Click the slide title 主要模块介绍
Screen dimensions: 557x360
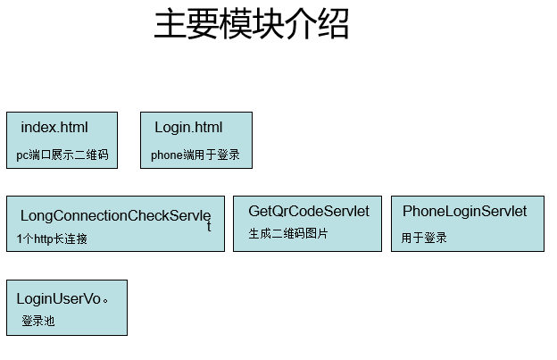pyautogui.click(x=252, y=24)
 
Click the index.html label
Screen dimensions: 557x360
pyautogui.click(x=54, y=127)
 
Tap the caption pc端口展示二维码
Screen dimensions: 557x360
pyautogui.click(x=62, y=155)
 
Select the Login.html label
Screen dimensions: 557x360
pyautogui.click(x=188, y=127)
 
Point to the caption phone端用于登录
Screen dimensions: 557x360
pyautogui.click(x=195, y=155)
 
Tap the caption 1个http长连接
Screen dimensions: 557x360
pyautogui.click(x=52, y=239)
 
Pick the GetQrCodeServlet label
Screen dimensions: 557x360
pyautogui.click(x=309, y=211)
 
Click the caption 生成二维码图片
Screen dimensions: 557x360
pyautogui.click(x=288, y=233)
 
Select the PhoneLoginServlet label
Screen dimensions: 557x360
pyautogui.click(x=465, y=211)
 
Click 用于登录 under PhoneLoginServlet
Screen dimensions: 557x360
pyautogui.click(x=424, y=238)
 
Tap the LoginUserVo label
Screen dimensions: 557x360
pyautogui.click(x=59, y=298)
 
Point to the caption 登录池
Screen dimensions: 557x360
pyautogui.click(x=38, y=321)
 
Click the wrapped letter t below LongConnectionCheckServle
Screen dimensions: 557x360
pyautogui.click(x=209, y=226)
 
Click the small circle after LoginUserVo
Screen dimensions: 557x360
pyautogui.click(x=105, y=301)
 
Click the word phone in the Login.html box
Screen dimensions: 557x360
pyautogui.click(x=167, y=155)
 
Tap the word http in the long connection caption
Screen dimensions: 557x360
pyautogui.click(x=44, y=239)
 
